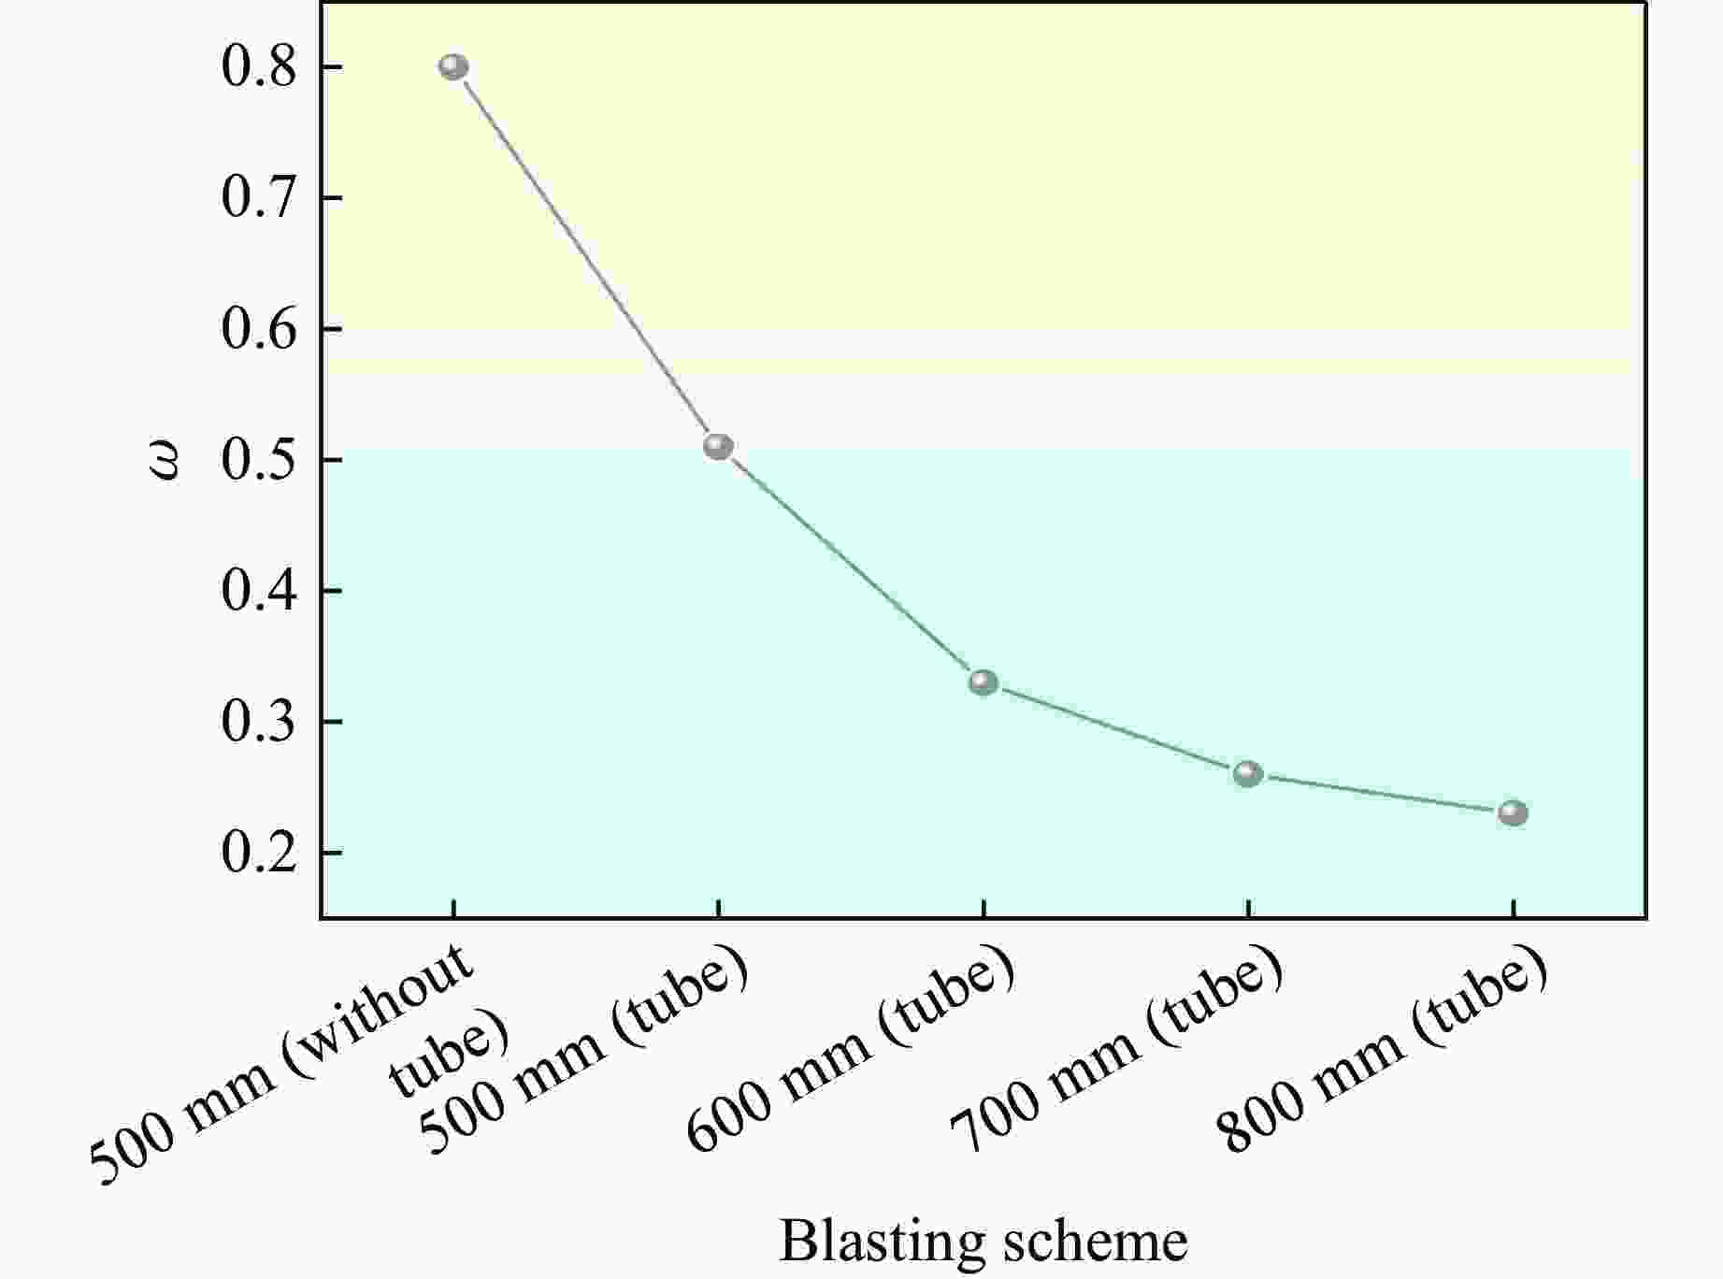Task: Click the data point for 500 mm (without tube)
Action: point(453,67)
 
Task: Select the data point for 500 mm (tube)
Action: point(718,447)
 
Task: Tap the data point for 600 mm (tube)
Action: point(983,683)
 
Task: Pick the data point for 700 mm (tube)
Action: point(1248,774)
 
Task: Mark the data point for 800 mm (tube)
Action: point(1513,813)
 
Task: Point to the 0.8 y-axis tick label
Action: point(259,67)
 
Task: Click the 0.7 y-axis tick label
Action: point(259,198)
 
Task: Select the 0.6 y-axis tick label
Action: point(259,329)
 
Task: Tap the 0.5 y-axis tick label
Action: point(259,460)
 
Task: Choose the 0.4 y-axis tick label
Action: point(259,591)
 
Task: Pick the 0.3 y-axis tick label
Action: point(259,722)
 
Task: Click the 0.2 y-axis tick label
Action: point(259,853)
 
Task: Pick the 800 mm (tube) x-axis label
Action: point(1382,1052)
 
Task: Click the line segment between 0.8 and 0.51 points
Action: point(586,257)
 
